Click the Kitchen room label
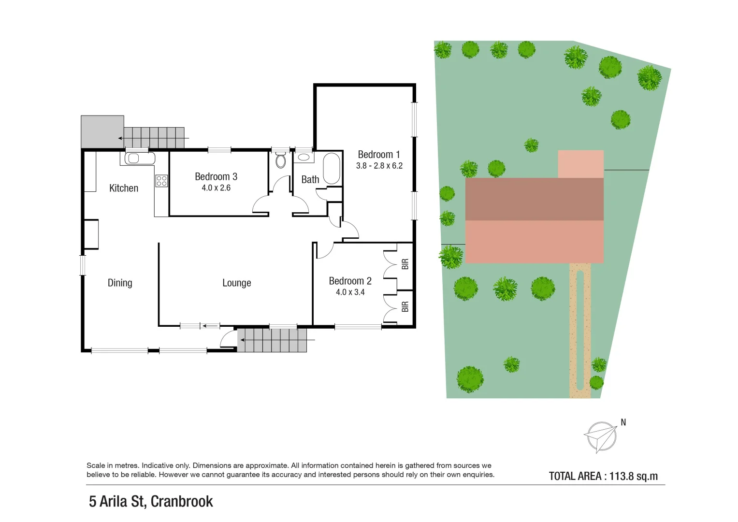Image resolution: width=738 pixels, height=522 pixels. coord(124,188)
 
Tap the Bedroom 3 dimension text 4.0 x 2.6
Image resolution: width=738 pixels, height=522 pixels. coord(216,188)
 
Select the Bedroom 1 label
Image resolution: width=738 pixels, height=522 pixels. coord(379,155)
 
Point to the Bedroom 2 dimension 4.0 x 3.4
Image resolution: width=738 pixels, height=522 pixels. coord(350,292)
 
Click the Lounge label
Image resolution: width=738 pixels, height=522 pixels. coord(236,283)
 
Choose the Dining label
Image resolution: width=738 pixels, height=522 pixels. coord(120,283)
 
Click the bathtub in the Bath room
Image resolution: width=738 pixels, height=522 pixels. coord(332,168)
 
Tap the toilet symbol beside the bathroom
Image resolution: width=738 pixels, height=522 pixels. coord(281,160)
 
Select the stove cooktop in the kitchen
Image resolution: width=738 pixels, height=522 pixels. coord(161,181)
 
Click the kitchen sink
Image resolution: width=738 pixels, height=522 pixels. coord(140,158)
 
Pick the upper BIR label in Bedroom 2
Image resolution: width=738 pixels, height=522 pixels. coord(405,264)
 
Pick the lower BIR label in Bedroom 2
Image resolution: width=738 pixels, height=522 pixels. coord(405,306)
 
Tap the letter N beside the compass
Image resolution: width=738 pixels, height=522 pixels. coord(623,422)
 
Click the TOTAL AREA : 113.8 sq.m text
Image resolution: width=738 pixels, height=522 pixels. coord(603,476)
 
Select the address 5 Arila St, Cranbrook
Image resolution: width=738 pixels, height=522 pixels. coord(151,502)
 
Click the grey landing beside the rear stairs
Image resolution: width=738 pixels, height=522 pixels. coord(102,131)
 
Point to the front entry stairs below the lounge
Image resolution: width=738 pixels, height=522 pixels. coord(273,340)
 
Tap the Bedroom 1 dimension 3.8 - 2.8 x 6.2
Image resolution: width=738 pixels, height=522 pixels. coord(379,166)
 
